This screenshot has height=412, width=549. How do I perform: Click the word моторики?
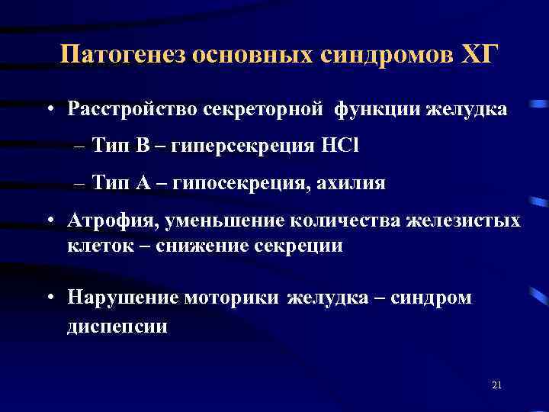click(x=233, y=298)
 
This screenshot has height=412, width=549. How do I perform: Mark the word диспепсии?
click(x=117, y=326)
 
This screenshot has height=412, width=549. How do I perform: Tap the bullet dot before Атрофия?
click(x=48, y=221)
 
